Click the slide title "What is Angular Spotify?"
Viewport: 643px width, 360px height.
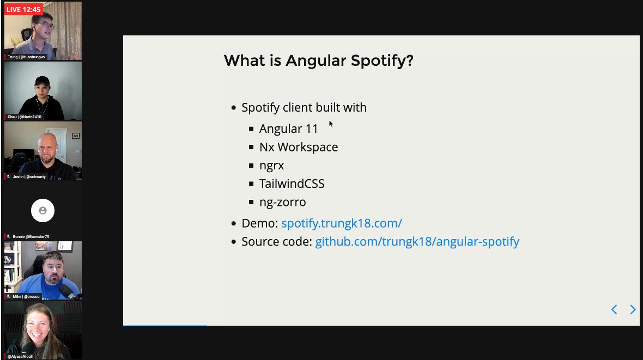click(318, 60)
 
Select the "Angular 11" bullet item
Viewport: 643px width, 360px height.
click(288, 129)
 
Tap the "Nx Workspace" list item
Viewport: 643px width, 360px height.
click(298, 147)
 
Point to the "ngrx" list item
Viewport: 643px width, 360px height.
click(271, 166)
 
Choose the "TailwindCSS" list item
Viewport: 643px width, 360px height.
click(292, 184)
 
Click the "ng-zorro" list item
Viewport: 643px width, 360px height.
click(282, 202)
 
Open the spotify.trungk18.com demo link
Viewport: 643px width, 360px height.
click(341, 223)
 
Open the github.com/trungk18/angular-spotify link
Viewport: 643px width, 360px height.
click(417, 241)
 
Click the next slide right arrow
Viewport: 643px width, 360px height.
click(633, 310)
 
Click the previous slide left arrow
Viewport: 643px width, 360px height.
click(614, 310)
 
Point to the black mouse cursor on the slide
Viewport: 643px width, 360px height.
click(331, 124)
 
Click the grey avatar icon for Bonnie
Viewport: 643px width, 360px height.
click(43, 210)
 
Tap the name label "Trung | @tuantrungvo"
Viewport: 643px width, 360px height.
click(26, 57)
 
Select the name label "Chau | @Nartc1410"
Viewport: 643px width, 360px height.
click(24, 117)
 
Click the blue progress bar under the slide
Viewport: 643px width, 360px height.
click(165, 326)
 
